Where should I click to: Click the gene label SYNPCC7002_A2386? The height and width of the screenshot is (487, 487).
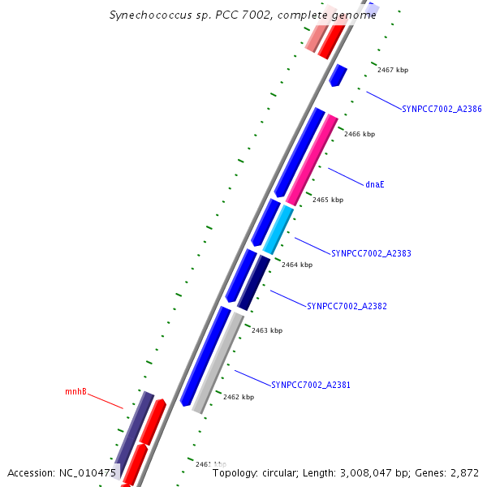[442, 109]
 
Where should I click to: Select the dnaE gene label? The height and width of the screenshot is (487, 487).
[374, 184]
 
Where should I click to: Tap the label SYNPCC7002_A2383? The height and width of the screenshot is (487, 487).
[371, 253]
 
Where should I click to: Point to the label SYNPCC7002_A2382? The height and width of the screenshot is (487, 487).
[347, 307]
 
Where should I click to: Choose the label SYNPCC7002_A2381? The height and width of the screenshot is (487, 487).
[310, 385]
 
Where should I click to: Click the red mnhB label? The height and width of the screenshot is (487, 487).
[75, 392]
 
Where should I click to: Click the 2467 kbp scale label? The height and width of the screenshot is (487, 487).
[393, 70]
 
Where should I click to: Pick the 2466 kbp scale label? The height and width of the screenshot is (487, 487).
[360, 134]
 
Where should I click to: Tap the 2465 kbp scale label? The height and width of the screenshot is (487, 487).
[328, 200]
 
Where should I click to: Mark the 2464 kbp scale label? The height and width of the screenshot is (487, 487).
[297, 265]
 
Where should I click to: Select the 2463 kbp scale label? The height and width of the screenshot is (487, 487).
[267, 330]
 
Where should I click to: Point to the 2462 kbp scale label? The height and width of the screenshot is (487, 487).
[239, 397]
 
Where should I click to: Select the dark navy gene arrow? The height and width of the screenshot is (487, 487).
[254, 282]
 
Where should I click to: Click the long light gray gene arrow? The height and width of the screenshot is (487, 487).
[218, 363]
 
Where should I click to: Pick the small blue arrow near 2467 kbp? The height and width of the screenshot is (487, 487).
[338, 75]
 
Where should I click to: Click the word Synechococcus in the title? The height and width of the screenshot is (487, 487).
[149, 15]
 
